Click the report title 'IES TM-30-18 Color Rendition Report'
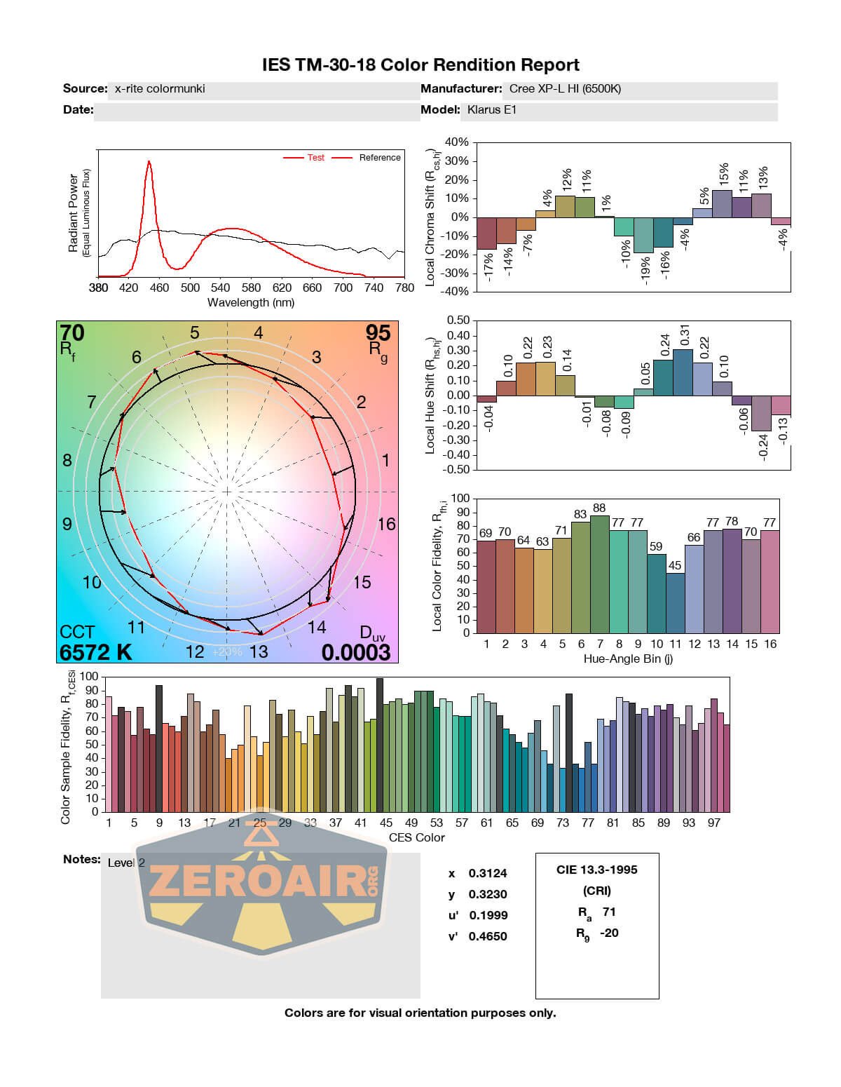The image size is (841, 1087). point(420,65)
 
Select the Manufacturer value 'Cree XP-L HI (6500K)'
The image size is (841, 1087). point(565,89)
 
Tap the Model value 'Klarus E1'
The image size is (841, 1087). point(492,110)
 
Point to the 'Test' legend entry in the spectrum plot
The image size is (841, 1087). point(315,158)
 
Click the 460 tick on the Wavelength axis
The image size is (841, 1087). point(159,288)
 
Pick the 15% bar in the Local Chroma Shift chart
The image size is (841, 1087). point(722,203)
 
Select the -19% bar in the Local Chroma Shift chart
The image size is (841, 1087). point(643,235)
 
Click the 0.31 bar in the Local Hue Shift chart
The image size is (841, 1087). point(683,372)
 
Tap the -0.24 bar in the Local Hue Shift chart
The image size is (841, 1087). point(761,413)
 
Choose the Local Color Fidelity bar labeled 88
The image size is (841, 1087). point(599,574)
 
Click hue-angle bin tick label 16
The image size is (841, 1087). point(770,644)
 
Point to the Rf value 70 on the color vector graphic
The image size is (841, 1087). point(71,332)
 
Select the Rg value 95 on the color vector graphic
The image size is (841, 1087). point(378,332)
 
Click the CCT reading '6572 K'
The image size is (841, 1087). point(96,652)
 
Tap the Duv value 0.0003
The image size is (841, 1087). point(356,652)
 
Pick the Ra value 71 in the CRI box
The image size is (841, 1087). point(609,912)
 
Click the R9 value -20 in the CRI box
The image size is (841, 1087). point(609,933)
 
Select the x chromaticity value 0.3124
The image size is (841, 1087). point(488,873)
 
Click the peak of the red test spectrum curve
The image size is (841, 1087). point(149,162)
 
